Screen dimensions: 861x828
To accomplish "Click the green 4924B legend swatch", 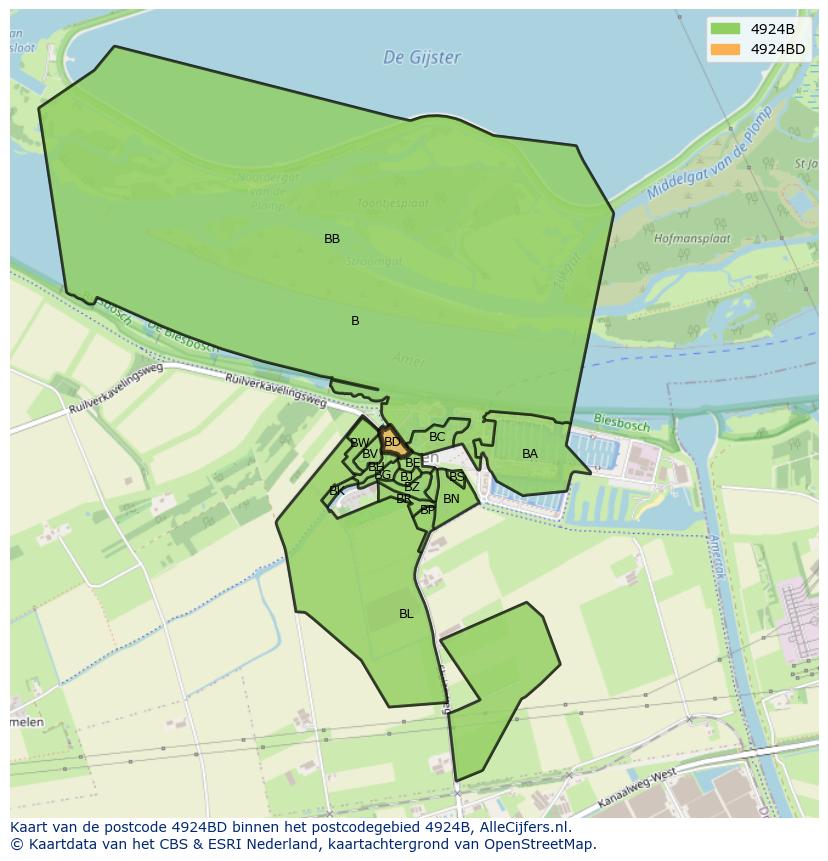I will point(725,29).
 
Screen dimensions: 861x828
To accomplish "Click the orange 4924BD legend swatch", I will point(725,49).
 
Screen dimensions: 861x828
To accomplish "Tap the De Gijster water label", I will point(422,58).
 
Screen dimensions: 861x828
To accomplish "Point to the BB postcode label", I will point(332,239).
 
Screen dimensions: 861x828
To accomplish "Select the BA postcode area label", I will point(530,454).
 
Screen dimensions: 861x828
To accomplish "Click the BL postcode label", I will point(406,614).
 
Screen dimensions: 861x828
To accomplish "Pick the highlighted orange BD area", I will point(392,442).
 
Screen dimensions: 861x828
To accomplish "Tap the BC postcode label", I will point(437,437).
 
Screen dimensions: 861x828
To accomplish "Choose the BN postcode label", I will point(451,499).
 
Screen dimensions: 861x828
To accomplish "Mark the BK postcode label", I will point(337,491).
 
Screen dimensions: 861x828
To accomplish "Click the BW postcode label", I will point(360,443).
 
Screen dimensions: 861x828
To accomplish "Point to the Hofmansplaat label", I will point(692,240).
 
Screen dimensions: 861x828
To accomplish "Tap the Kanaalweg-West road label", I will point(637,789).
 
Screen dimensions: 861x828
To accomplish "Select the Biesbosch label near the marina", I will point(621,423).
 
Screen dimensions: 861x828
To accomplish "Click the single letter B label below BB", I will point(355,321).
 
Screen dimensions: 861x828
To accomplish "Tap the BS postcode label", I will point(456,477).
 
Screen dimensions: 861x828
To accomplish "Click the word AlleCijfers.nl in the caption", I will point(521,827).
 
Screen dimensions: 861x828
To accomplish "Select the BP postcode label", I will point(427,510).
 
